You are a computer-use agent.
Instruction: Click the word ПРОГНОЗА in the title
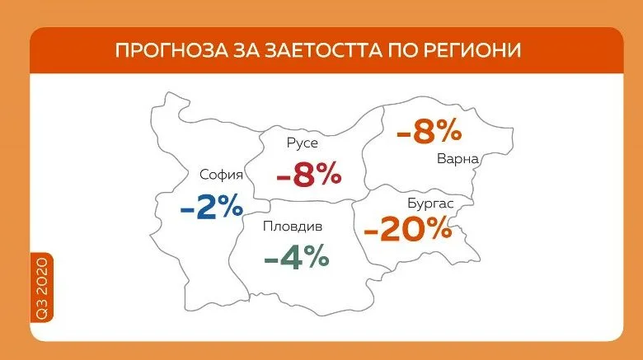tap(171, 50)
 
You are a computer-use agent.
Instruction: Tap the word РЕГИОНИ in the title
tap(472, 50)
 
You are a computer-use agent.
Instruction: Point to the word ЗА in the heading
tap(246, 50)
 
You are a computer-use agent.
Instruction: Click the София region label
tap(222, 175)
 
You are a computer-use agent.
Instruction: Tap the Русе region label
tap(303, 143)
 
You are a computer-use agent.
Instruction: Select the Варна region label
tap(458, 159)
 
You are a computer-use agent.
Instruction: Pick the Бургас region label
tap(430, 203)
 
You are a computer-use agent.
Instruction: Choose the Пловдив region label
tap(293, 226)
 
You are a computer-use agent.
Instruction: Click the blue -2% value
tap(212, 207)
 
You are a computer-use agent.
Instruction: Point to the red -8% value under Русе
tap(309, 175)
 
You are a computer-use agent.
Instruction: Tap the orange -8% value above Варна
tap(429, 132)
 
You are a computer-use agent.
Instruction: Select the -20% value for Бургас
tap(407, 229)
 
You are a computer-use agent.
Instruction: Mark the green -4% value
tap(297, 256)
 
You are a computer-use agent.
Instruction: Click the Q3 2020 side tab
tap(42, 288)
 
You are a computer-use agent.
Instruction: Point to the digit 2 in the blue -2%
tap(206, 207)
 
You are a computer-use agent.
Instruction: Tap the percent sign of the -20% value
tap(438, 229)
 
